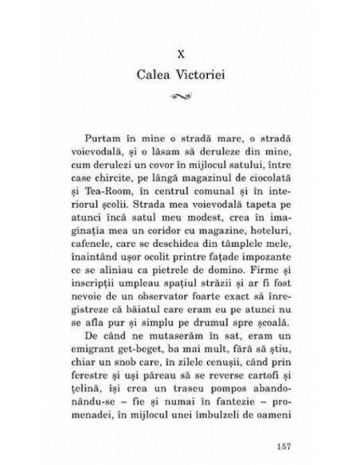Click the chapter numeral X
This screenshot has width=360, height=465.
pyautogui.click(x=181, y=55)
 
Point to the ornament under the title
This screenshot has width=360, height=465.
pyautogui.click(x=181, y=99)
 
